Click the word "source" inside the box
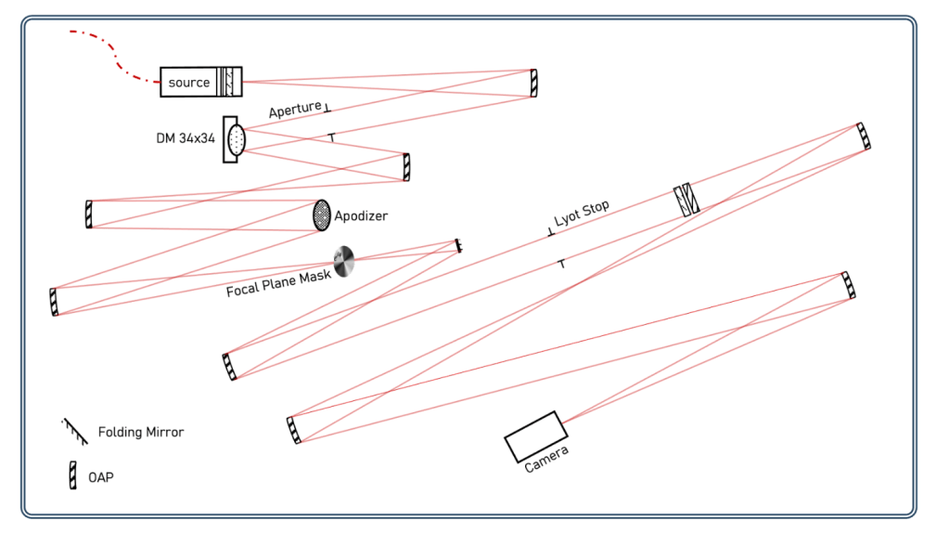coord(188,83)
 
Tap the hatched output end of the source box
coord(230,82)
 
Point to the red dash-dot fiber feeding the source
coord(116,58)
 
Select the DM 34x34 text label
coord(186,138)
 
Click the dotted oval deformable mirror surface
coord(237,139)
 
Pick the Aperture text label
coord(295,110)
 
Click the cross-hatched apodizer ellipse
coord(322,215)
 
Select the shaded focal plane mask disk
coord(344,261)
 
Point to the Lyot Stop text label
coord(582,214)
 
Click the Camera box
coord(535,436)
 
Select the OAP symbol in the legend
coord(73,476)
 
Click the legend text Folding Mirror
coord(141,433)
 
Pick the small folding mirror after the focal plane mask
coord(458,246)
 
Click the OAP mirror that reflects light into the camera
coord(848,285)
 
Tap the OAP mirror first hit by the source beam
coord(533,83)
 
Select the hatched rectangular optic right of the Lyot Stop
coord(686,200)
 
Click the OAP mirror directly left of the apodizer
coord(89,214)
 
